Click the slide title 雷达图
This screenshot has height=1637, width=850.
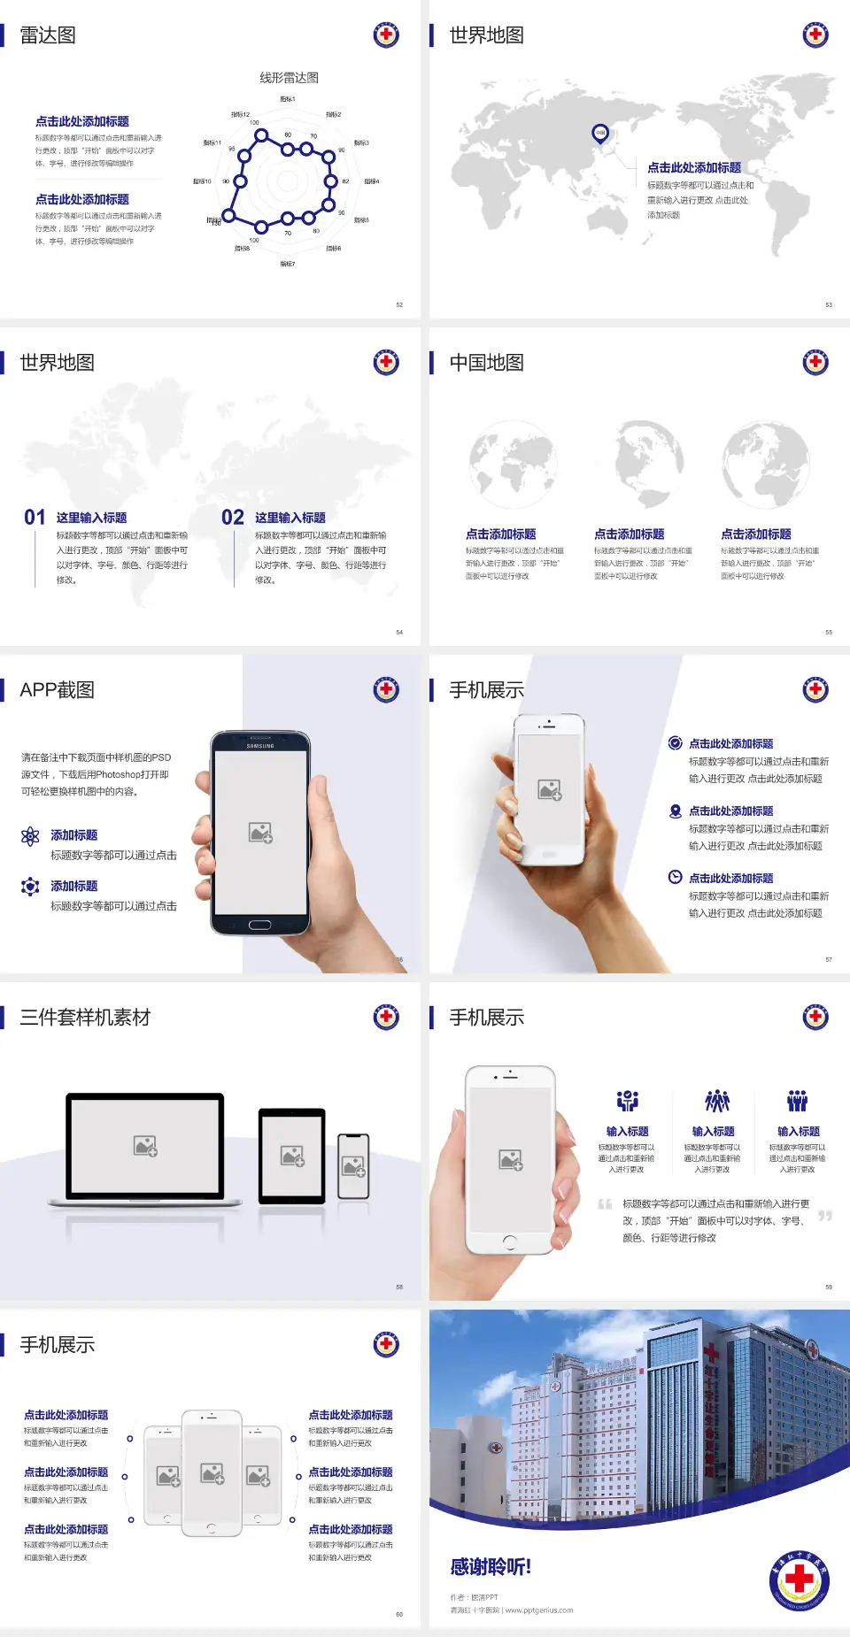pos(48,35)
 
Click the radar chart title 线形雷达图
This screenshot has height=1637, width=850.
pos(289,78)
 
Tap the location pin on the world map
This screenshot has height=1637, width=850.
pos(599,133)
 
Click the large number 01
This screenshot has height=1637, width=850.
pos(35,517)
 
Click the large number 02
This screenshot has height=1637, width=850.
pos(233,517)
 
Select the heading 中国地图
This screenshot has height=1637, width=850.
pos(486,363)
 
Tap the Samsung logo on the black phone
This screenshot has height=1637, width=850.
pos(260,746)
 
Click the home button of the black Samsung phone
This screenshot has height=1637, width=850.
pos(259,925)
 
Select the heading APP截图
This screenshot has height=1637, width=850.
pos(57,690)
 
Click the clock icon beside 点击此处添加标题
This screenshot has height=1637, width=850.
pos(675,877)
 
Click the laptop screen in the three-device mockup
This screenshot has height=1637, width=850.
pos(145,1145)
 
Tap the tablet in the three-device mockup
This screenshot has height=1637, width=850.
pos(292,1155)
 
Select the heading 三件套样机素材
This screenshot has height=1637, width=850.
pos(85,1018)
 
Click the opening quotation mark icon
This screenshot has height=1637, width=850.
pos(605,1204)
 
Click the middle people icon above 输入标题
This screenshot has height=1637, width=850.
pos(716,1101)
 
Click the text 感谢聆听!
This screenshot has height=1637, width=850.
pos(491,1567)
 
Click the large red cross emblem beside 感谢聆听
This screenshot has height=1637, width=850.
pos(799,1580)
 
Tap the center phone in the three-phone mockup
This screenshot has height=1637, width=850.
pos(212,1472)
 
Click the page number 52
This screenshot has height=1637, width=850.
pos(399,304)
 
